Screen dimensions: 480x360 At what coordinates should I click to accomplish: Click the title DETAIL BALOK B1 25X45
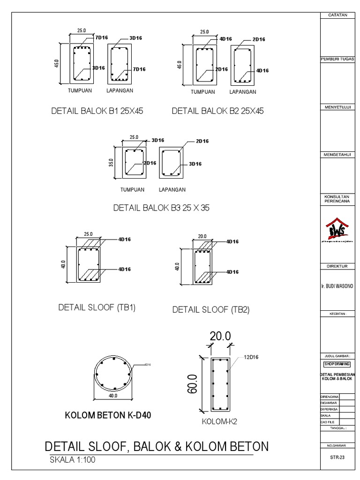click(97, 112)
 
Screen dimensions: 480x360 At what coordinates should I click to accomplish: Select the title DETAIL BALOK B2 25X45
click(218, 112)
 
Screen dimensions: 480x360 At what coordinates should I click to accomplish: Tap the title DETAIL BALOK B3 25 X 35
click(161, 208)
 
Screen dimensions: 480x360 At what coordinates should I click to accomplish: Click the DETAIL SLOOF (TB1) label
click(97, 307)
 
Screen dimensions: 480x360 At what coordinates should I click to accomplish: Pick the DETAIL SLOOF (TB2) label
click(211, 309)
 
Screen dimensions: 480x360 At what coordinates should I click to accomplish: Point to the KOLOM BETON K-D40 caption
click(108, 415)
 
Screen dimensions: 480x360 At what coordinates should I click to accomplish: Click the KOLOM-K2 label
click(219, 421)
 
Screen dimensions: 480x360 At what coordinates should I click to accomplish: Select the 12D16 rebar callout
click(250, 357)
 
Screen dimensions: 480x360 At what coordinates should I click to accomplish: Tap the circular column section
click(113, 373)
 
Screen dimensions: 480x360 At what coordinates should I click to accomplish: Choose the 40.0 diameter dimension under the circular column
click(113, 396)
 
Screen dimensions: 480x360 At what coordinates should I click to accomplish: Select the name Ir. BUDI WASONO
click(337, 285)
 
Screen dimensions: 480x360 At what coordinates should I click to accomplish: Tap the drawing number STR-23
click(337, 459)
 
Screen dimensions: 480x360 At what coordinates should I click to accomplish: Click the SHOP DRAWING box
click(337, 364)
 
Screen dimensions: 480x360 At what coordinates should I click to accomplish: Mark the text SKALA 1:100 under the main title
click(73, 460)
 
